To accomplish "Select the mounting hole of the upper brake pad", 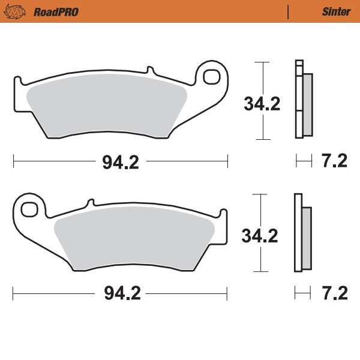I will point(212,77).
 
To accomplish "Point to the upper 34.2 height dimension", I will point(262,104).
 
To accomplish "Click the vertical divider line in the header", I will point(289,11).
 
